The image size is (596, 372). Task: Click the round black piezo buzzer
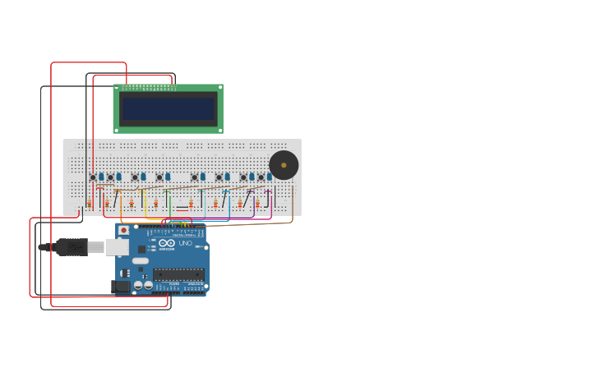[284, 165]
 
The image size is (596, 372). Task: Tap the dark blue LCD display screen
[168, 108]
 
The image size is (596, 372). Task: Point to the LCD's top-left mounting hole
[116, 86]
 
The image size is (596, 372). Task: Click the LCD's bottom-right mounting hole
[219, 130]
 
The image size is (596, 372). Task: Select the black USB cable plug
[72, 247]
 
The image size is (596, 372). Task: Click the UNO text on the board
[185, 243]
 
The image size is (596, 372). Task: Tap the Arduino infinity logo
[167, 243]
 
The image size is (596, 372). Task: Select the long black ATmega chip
[178, 274]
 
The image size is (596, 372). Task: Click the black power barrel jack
[121, 287]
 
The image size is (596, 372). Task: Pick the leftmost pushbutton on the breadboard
[93, 177]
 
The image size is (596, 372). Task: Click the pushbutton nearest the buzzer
[261, 177]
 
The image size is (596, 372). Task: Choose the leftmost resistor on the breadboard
[90, 203]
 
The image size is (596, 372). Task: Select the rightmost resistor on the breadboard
[257, 203]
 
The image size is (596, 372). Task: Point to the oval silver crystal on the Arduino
[141, 261]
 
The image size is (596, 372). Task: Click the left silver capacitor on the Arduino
[138, 286]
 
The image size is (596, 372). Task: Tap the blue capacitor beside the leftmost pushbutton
[101, 177]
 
